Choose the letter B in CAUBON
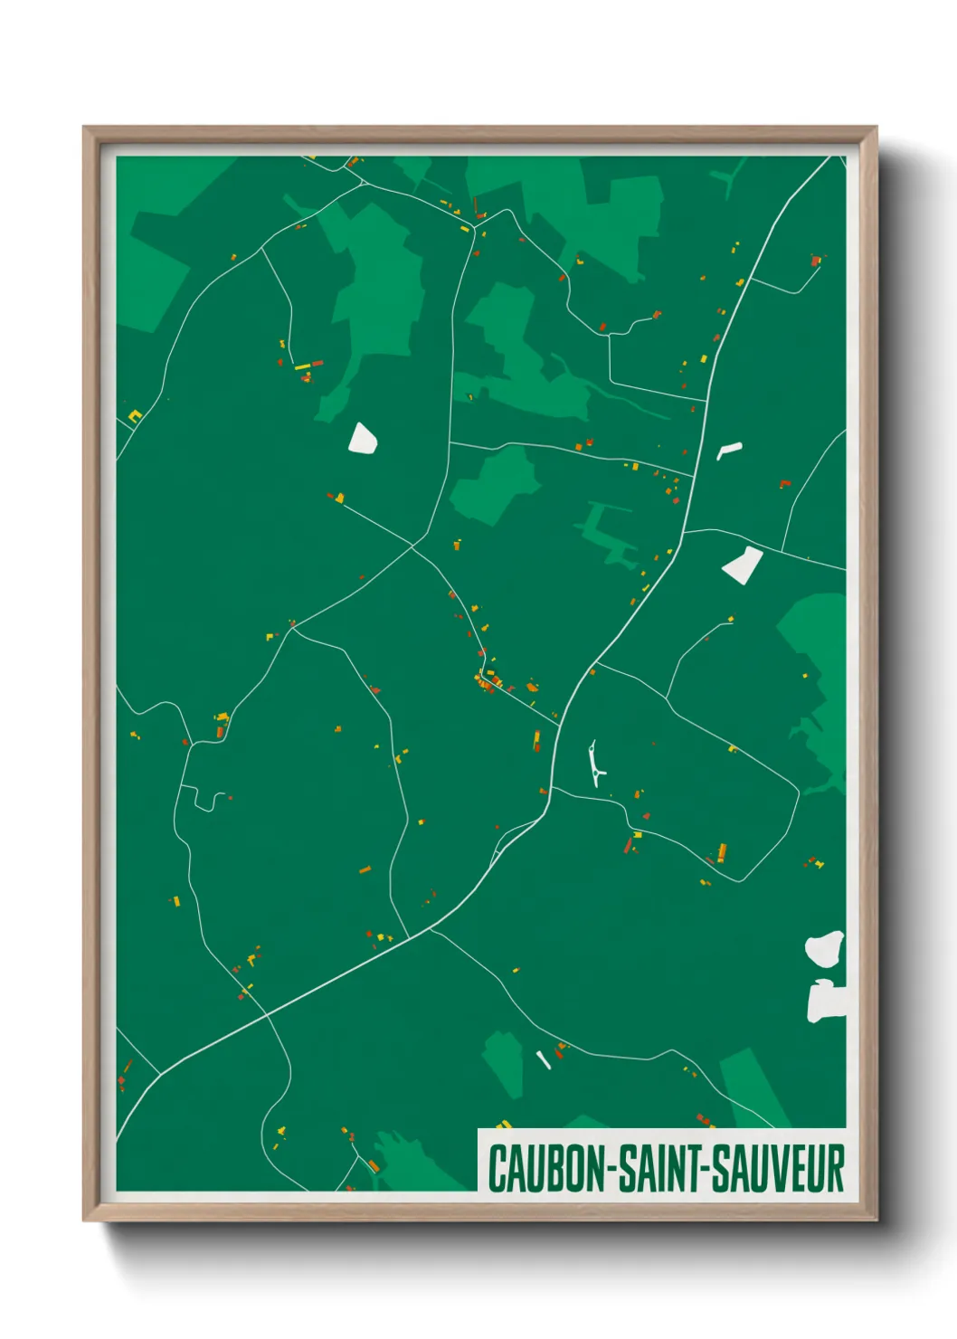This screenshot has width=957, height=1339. [x=550, y=1168]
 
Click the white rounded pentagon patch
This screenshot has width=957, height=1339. [x=363, y=438]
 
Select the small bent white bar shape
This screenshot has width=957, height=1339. [x=728, y=449]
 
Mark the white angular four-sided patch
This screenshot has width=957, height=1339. [x=743, y=565]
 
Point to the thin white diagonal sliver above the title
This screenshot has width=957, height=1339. [x=544, y=1059]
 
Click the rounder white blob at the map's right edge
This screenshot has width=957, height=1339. [x=825, y=948]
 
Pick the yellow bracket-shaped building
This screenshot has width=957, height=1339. [x=136, y=416]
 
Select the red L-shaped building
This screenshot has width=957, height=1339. [x=784, y=484]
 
